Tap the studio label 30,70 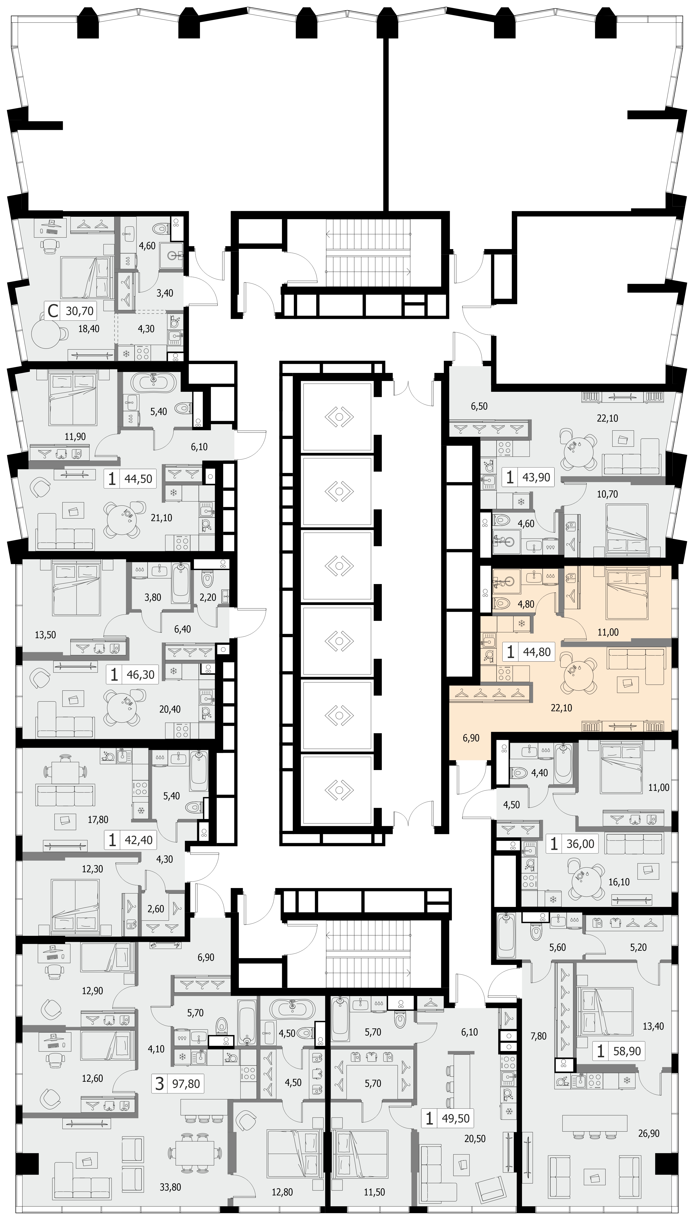(80, 311)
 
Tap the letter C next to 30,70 (53, 311)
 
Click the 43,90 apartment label (536, 477)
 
